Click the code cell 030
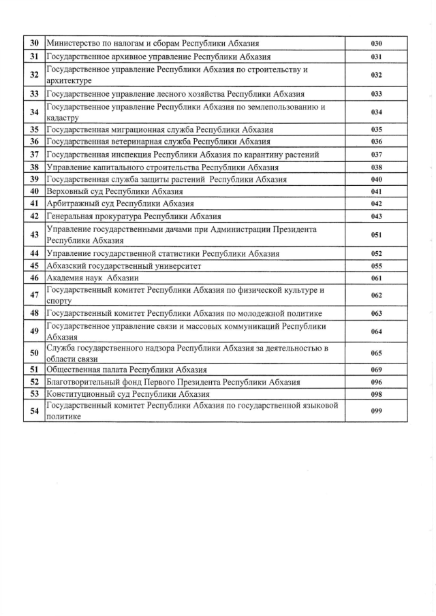pos(376,44)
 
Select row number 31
pos(33,56)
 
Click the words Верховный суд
pos(72,191)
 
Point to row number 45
pos(33,266)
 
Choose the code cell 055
pos(376,266)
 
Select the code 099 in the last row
pos(376,412)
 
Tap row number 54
pos(33,412)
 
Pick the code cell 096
pos(376,382)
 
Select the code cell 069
pos(376,370)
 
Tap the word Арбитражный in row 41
pos(71,204)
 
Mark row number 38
pos(33,167)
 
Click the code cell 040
pos(376,180)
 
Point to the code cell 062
pos(376,296)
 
